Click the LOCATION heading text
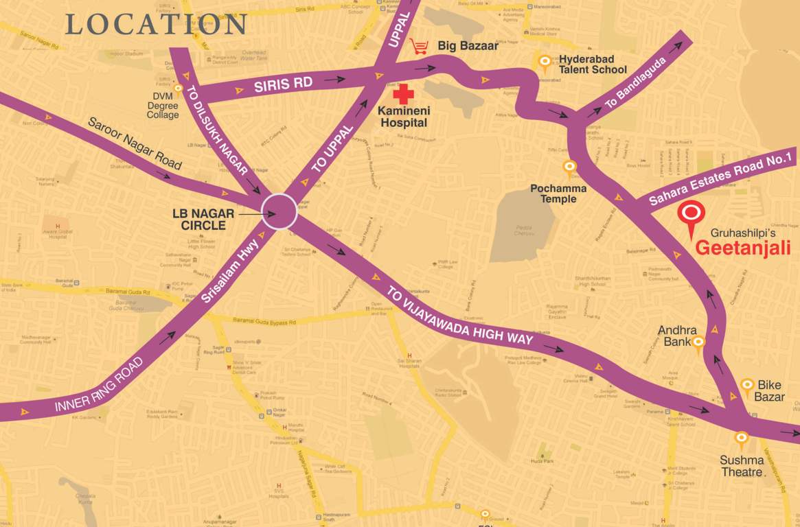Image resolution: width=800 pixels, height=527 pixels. click(156, 24)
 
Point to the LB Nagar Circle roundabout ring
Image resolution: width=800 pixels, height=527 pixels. click(280, 211)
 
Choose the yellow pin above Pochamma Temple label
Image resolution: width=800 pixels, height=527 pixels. click(569, 167)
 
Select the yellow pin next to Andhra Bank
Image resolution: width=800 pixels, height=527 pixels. click(698, 343)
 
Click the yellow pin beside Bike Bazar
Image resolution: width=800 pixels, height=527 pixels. click(746, 387)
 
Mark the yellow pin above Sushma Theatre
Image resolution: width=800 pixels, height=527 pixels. click(741, 438)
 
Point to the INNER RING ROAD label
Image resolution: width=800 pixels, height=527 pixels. click(101, 384)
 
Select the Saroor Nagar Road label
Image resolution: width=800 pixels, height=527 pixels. click(135, 143)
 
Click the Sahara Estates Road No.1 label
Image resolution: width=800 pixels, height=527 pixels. click(722, 178)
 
